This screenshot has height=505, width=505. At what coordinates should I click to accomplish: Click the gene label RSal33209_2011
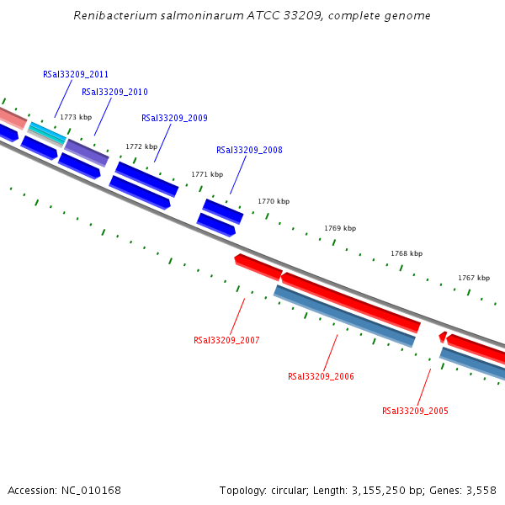tap(76, 74)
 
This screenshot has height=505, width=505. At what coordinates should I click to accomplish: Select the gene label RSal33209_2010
tap(114, 92)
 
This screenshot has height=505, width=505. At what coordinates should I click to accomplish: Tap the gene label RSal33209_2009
tap(174, 118)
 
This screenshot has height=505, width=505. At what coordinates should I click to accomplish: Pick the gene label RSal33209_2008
tap(249, 150)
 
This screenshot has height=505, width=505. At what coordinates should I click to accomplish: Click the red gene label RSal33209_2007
tap(226, 340)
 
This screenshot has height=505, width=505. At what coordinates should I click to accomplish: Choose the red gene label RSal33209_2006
tap(321, 376)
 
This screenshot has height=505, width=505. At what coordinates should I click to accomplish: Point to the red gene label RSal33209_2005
tap(415, 411)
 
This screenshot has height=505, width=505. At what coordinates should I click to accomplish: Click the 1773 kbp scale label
tap(76, 117)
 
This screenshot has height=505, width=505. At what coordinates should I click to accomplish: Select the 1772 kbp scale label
tap(141, 146)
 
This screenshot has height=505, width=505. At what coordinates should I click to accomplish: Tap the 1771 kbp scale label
tap(207, 174)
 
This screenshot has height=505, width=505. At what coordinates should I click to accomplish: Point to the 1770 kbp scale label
tap(274, 201)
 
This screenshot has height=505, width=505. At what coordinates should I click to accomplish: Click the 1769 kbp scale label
tap(340, 228)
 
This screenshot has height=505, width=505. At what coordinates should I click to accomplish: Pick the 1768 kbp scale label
tap(407, 253)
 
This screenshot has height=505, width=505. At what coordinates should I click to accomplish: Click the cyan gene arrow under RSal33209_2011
tap(47, 132)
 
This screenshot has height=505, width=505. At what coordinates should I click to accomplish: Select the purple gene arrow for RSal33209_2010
tap(87, 152)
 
